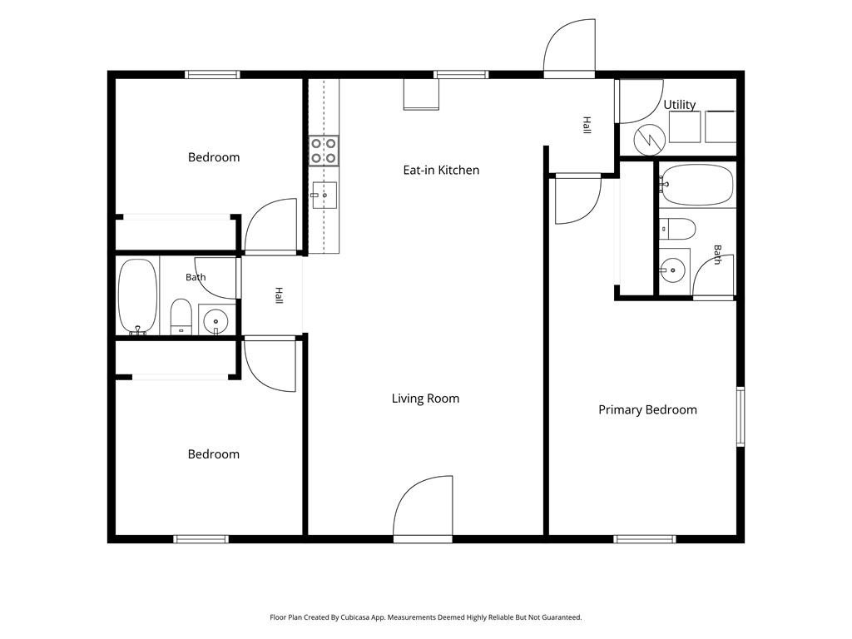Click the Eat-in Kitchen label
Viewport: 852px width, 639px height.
coord(441,170)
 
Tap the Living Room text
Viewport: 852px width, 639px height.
coord(425,399)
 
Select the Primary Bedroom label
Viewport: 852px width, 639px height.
coord(647,410)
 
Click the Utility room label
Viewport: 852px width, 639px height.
coord(680,104)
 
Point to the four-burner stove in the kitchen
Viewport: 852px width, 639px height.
coord(324,151)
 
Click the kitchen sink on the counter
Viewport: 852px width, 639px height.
coord(324,195)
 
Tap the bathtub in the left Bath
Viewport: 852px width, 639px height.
coord(138,296)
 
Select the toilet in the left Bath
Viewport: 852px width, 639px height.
coord(181,317)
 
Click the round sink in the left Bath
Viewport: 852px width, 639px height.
coord(216,320)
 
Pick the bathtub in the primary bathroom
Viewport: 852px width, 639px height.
coord(697,186)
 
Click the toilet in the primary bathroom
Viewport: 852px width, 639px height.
coord(677,229)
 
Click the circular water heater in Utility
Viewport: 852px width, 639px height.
coord(650,140)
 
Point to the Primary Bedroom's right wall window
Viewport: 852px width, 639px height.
coord(741,417)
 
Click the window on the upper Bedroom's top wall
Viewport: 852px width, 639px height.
coord(212,74)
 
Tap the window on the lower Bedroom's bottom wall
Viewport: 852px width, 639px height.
coord(201,539)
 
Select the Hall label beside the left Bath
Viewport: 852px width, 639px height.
coord(280,295)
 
